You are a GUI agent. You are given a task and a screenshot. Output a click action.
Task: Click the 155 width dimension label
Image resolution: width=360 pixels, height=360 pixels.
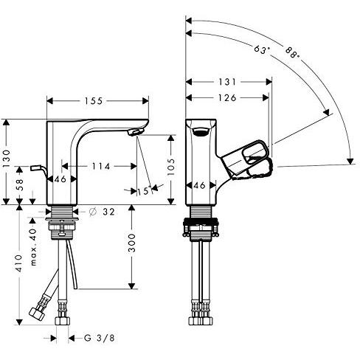click(x=94, y=101)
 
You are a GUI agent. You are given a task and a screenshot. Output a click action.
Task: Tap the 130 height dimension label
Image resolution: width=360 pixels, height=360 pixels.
click(x=7, y=159)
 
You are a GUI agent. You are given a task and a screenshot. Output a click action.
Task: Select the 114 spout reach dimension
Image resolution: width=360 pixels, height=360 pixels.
click(x=101, y=167)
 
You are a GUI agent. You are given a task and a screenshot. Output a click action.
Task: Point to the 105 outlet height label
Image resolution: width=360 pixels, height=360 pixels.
click(x=170, y=167)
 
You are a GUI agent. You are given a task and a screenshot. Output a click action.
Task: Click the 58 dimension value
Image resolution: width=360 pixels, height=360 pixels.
click(x=20, y=184)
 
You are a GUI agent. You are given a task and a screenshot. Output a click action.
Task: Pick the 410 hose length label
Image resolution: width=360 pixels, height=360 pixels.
click(x=19, y=263)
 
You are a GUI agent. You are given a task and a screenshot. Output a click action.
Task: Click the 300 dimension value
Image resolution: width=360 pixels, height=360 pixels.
click(x=132, y=243)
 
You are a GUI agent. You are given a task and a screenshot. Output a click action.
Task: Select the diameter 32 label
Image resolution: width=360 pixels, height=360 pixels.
click(x=102, y=212)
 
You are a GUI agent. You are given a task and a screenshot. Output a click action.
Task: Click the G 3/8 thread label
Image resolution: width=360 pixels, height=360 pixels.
click(x=100, y=338)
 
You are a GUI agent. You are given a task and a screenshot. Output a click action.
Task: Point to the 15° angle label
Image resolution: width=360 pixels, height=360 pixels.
click(x=144, y=191)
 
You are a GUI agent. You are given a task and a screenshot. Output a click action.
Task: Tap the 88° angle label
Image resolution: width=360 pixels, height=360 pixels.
click(x=293, y=52)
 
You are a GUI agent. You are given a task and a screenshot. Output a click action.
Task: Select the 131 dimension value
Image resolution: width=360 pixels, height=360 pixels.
click(x=227, y=82)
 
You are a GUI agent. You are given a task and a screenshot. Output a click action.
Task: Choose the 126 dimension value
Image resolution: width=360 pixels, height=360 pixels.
click(x=227, y=98)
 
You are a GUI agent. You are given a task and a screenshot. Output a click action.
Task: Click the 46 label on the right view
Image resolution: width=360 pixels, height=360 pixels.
click(x=200, y=185)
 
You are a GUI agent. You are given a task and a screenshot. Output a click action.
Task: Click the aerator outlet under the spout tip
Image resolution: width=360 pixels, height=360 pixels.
click(x=134, y=132)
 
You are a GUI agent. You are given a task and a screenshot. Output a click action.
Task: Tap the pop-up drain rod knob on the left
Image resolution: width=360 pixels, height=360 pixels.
click(x=35, y=168)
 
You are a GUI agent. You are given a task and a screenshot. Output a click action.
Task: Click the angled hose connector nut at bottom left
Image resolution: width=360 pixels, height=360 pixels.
click(x=36, y=311)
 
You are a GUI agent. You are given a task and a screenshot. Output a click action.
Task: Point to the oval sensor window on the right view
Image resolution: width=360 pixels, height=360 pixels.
click(x=201, y=132)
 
